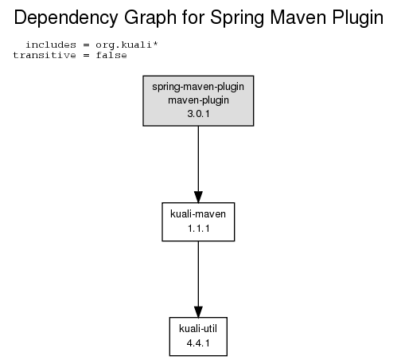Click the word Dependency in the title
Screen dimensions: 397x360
coord(66,18)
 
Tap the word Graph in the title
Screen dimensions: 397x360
coord(150,18)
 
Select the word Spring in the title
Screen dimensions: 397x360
coord(237,18)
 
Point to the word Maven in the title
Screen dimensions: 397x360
coord(298,18)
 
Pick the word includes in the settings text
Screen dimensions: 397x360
coord(51,45)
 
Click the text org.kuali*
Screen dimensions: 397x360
coord(126,45)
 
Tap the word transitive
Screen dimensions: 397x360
coord(45,55)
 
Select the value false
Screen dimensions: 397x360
coord(111,55)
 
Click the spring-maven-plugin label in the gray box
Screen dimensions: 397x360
coord(198,87)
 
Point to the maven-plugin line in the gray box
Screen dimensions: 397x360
coord(198,100)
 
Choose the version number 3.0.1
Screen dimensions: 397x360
coord(198,114)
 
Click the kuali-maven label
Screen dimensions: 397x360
coord(198,213)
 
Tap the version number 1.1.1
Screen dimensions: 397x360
coord(198,229)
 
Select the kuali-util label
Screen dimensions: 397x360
coord(198,328)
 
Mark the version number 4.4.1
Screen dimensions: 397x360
coord(198,343)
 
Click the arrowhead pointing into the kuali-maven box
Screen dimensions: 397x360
coord(198,197)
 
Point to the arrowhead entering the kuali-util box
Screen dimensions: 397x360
coord(198,312)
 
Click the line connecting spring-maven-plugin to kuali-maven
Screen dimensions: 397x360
coord(198,158)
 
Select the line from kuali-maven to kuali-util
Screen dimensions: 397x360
coord(198,274)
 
